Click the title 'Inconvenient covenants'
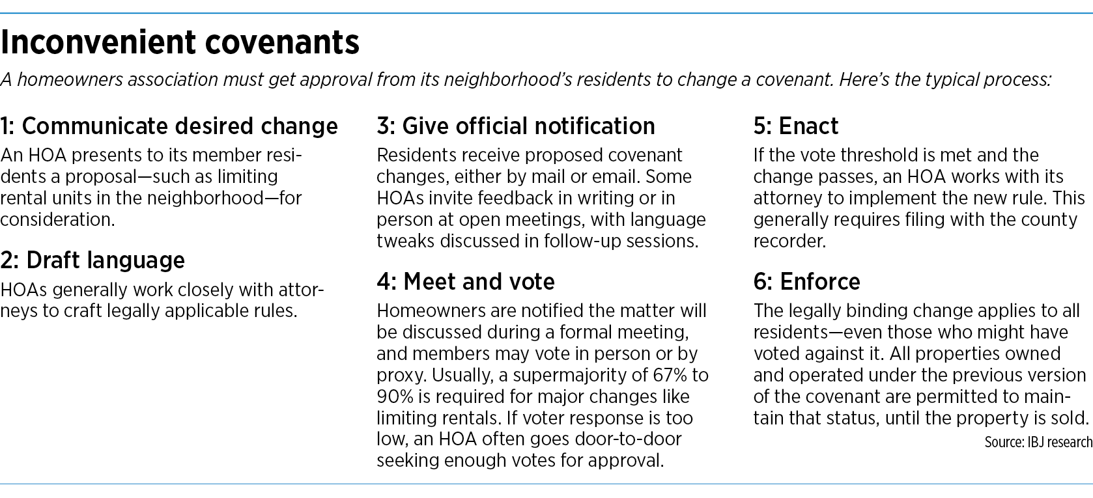coord(180,42)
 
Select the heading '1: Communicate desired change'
coord(169,126)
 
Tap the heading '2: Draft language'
coord(92,260)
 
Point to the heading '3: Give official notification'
coord(516,126)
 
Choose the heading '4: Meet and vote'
coord(466,281)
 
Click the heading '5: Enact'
coord(796,126)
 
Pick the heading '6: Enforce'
coord(806,281)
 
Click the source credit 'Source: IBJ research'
coord(1038,442)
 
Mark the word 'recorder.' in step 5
coord(789,241)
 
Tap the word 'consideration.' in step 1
coord(57,219)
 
